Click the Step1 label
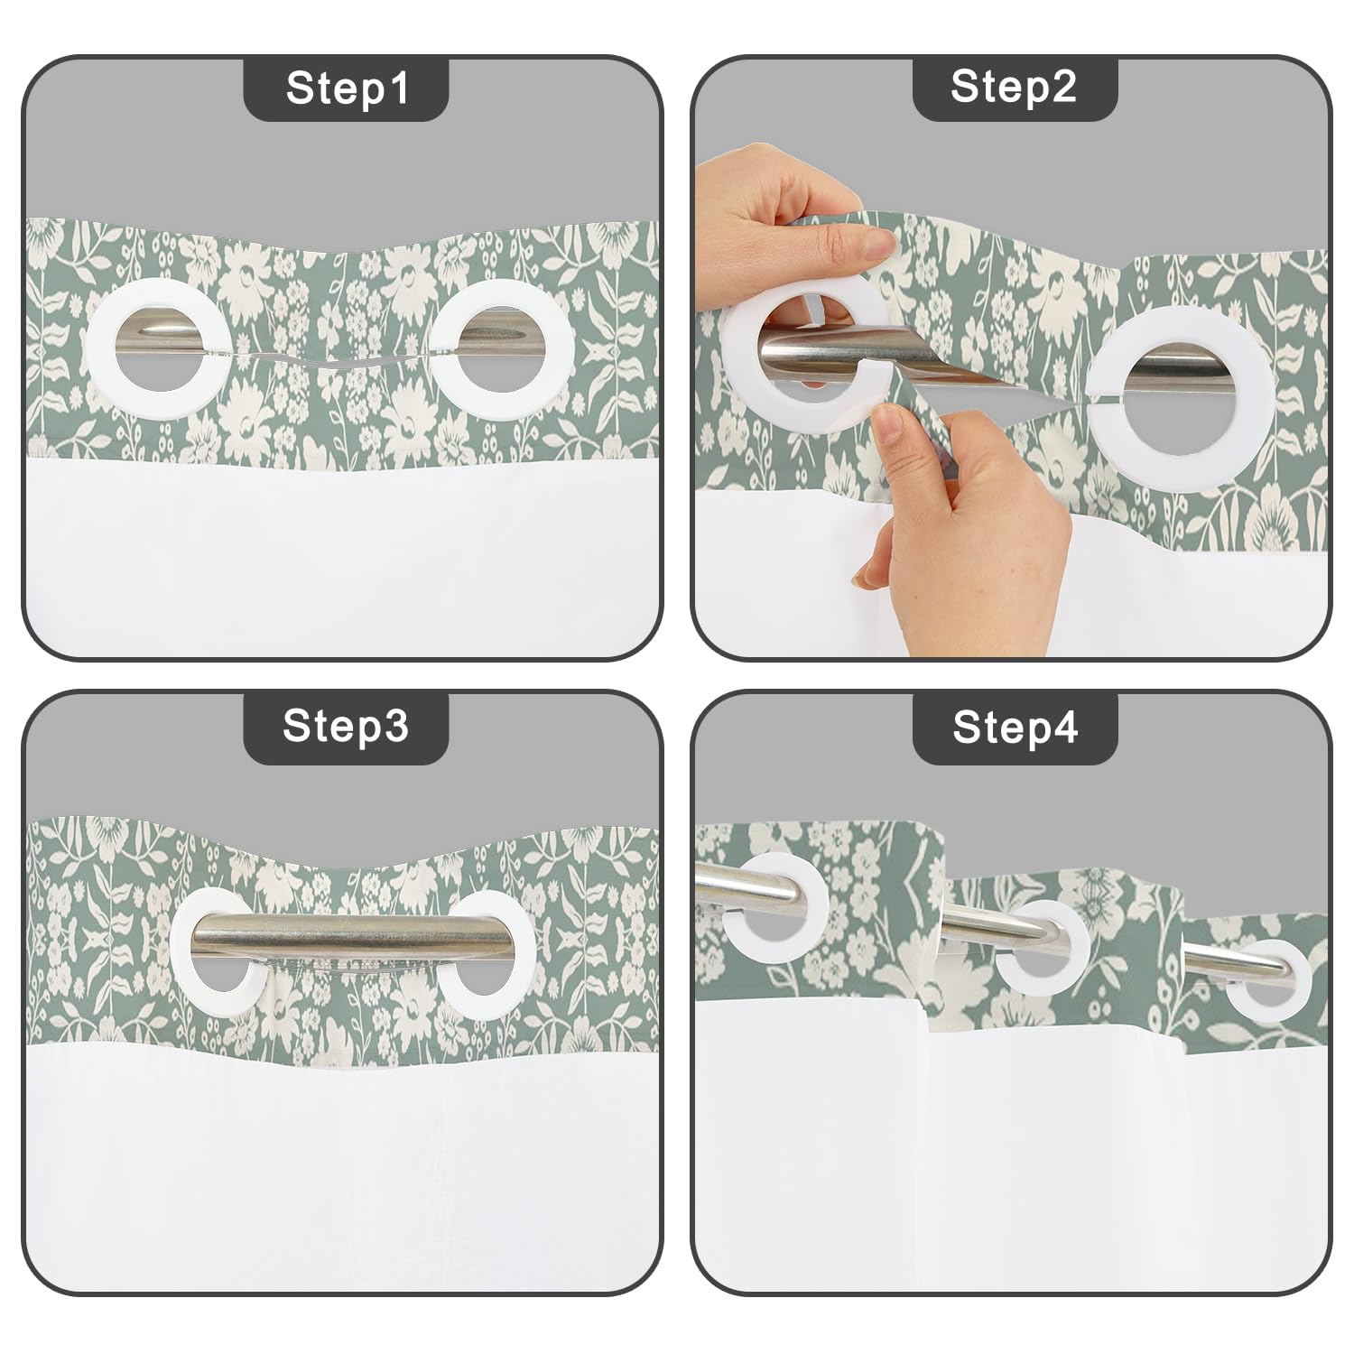coord(347,88)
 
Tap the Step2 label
coord(1014,87)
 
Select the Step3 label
coord(347,725)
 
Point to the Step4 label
coord(1015,727)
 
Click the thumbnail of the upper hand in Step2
coord(873,239)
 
